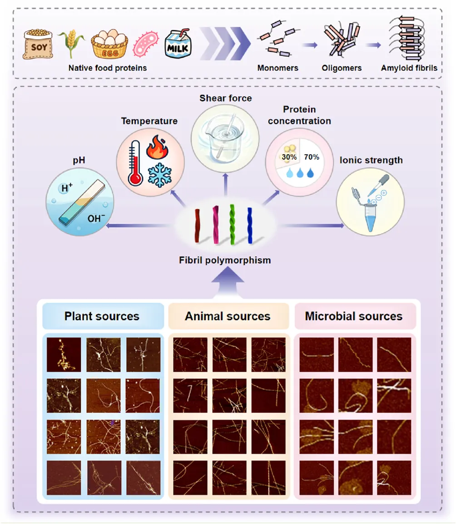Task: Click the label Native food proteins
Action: coord(108,68)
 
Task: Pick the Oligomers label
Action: coord(341,68)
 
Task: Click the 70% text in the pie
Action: coord(312,157)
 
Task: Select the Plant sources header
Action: coord(102,316)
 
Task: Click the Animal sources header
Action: coord(228,316)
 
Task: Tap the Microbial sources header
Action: coord(353,316)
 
